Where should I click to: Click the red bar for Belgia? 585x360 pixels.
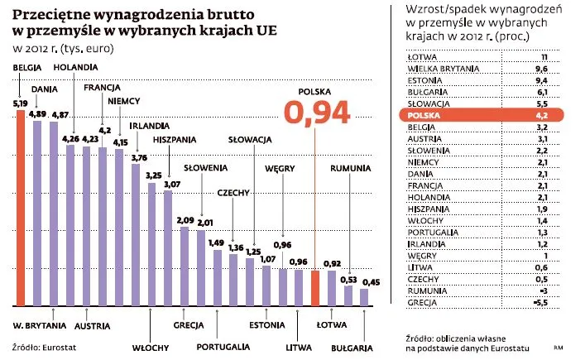point(21,207)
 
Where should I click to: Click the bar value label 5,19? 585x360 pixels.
point(21,103)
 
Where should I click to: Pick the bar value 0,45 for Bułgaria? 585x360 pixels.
point(372,282)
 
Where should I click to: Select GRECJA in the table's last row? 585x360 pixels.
point(422,304)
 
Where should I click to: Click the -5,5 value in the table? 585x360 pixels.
point(542,304)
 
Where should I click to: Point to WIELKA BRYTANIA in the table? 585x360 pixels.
point(441,70)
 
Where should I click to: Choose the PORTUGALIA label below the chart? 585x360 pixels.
point(223,347)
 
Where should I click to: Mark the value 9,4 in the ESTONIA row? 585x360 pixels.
point(542,81)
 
